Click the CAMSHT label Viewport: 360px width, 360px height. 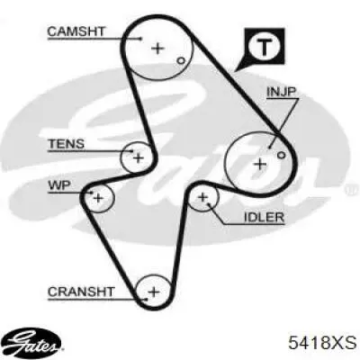pos(76,31)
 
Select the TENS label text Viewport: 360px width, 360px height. pos(67,144)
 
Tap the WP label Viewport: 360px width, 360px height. pos(59,185)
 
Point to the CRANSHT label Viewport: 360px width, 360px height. pos(81,292)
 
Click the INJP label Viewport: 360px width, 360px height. pos(282,92)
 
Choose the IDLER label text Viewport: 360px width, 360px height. pos(264,217)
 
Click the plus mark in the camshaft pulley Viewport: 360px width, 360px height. pos(157,49)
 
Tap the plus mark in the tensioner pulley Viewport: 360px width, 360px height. pos(139,157)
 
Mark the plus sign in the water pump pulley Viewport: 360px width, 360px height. pos(98,198)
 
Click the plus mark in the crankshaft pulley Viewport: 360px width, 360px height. pos(154,292)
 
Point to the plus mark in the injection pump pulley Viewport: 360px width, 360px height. pos(260,164)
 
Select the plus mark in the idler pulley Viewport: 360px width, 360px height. pos(203,197)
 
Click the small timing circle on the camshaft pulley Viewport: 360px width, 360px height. pos(181,60)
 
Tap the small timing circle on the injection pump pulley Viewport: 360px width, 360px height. pos(281,155)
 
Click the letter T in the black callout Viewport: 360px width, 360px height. pos(264,47)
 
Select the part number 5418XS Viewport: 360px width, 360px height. pos(322,343)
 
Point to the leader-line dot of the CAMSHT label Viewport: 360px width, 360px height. pos(140,38)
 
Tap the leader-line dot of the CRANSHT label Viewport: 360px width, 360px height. pos(146,299)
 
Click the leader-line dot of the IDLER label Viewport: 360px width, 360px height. pos(210,204)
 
